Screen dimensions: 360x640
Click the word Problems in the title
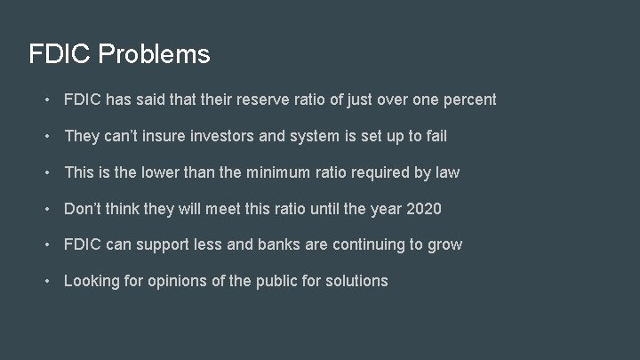[x=155, y=55]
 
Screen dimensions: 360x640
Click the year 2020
[x=422, y=209]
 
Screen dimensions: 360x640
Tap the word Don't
[x=84, y=209]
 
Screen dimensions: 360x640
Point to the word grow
[x=445, y=245]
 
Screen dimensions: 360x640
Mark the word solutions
[x=356, y=281]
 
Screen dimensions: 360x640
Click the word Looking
[x=93, y=282]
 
